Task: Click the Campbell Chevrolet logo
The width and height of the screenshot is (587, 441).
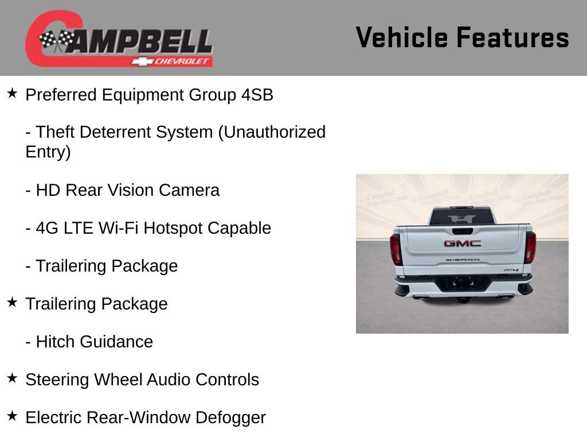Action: click(119, 38)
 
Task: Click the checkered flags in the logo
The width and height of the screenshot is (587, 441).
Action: click(57, 40)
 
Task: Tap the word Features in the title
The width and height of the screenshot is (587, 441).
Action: click(512, 37)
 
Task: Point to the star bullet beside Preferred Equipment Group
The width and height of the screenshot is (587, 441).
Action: click(13, 93)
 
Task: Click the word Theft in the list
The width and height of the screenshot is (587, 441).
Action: click(56, 132)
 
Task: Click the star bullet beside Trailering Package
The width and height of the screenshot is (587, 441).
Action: click(13, 302)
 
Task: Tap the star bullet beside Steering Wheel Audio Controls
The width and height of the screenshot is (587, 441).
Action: click(13, 378)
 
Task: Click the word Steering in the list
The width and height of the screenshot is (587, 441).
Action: click(57, 380)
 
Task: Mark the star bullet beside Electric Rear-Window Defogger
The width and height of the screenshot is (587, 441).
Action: click(13, 416)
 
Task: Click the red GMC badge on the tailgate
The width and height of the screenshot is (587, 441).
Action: click(462, 243)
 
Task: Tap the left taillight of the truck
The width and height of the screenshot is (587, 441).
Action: click(396, 249)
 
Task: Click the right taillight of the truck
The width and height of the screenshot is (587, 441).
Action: click(530, 247)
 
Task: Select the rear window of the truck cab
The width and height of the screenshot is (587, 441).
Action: click(461, 216)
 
